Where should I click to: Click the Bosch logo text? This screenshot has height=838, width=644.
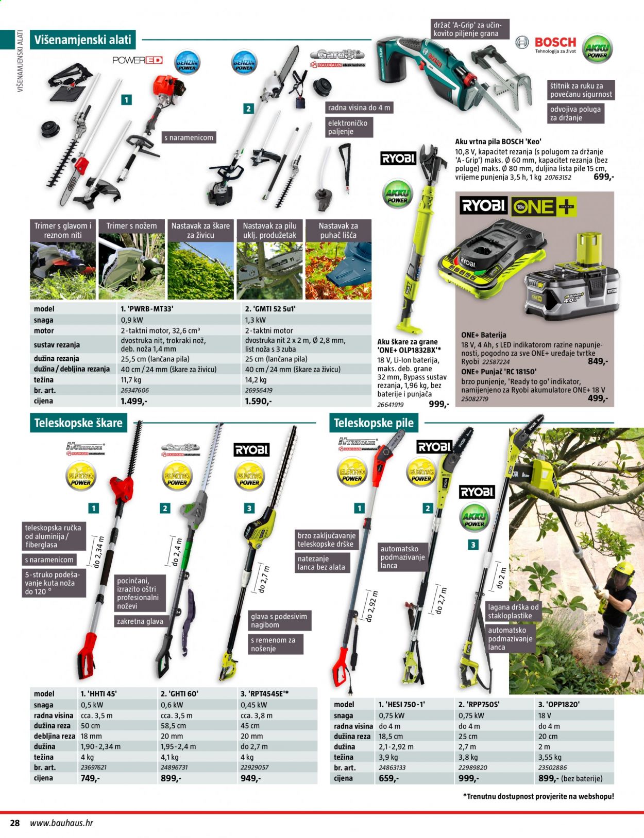point(555,42)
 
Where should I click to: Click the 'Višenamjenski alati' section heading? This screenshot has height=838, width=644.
point(82,40)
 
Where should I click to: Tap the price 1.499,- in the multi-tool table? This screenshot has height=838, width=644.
point(133,401)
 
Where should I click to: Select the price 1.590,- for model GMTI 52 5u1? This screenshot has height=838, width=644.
point(258,401)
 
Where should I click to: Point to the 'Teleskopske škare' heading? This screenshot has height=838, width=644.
point(78,423)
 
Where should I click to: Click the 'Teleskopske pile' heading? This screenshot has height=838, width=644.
point(374,423)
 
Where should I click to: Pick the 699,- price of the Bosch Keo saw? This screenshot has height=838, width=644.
point(603,177)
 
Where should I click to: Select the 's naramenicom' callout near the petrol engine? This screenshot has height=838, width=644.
point(189,137)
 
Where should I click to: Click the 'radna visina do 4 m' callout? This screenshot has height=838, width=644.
point(359,108)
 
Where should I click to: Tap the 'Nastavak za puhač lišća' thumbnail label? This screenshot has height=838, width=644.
point(338,231)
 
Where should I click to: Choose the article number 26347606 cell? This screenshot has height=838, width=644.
point(134,390)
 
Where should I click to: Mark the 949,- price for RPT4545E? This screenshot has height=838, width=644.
point(251,778)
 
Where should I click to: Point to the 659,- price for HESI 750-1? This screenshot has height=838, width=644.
point(388,778)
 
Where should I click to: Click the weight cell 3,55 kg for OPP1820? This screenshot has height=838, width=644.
point(550,757)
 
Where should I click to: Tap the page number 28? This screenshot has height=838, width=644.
point(14,823)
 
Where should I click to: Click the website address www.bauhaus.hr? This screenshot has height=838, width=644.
point(62,823)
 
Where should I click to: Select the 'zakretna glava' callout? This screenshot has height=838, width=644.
point(140,621)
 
